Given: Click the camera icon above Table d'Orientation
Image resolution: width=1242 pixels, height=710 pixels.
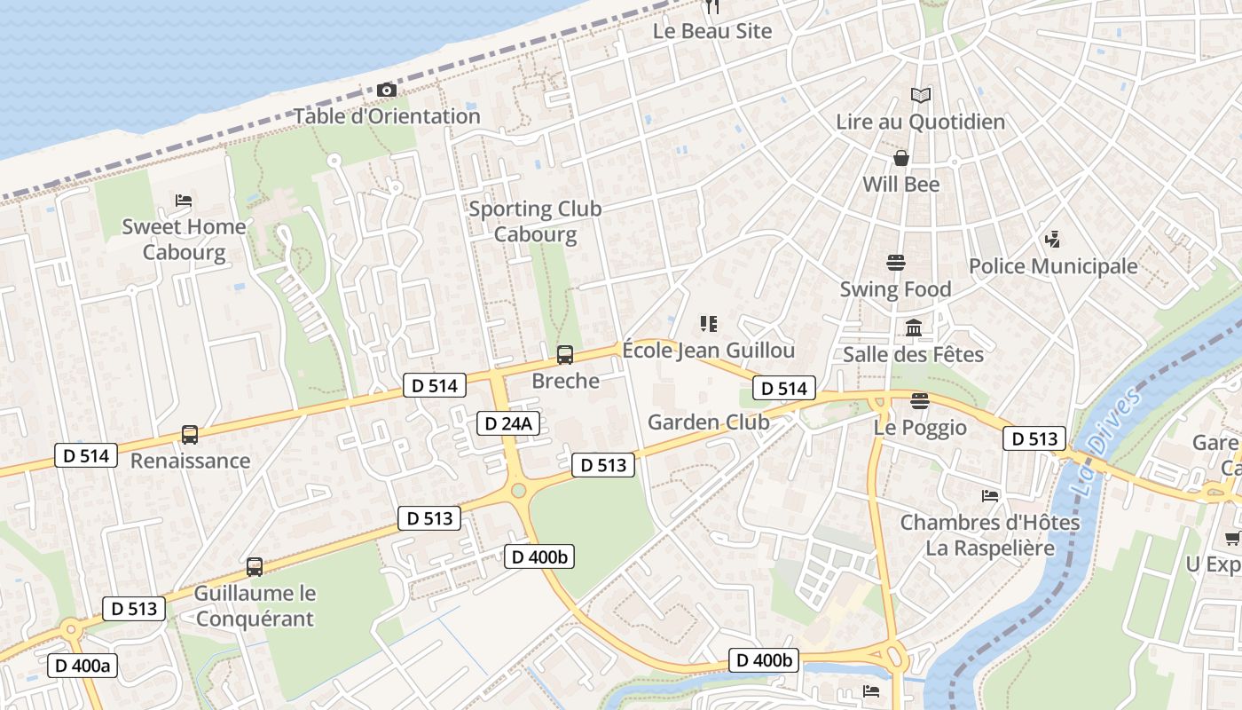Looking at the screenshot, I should (386, 90).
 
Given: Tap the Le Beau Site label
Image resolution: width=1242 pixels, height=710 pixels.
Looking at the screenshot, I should (712, 31).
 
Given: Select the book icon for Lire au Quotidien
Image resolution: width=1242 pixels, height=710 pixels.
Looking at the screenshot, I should (921, 95).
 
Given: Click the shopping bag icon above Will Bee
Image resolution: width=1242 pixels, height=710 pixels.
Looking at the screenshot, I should (901, 158).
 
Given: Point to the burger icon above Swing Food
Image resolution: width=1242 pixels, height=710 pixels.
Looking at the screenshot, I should (895, 263).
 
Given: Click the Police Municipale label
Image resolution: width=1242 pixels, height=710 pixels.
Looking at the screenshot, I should (1053, 266).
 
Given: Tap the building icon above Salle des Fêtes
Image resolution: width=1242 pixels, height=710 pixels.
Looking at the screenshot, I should (914, 328).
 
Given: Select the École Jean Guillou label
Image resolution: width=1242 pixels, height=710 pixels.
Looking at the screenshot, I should (708, 351).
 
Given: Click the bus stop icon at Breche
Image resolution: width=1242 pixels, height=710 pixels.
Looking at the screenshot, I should (565, 355).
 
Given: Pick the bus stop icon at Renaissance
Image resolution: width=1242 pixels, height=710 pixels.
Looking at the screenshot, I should (190, 435).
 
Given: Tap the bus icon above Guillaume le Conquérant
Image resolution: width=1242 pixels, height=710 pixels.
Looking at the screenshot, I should (255, 566).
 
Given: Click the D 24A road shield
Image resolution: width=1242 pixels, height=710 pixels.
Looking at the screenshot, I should (508, 423).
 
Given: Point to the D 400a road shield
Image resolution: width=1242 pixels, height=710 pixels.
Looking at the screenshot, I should (83, 665).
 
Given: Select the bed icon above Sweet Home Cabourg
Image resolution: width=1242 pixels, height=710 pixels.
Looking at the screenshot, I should (184, 201).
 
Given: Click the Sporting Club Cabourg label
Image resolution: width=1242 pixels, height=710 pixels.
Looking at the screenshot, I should (535, 222).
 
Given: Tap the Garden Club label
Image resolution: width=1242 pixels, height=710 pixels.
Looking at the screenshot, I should (708, 422).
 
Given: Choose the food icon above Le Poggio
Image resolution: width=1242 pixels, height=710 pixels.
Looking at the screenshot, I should (919, 401).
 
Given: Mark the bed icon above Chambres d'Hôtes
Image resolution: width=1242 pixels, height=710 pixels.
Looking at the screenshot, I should (990, 495).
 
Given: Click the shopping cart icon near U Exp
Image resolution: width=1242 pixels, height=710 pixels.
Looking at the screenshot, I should (1232, 538).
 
